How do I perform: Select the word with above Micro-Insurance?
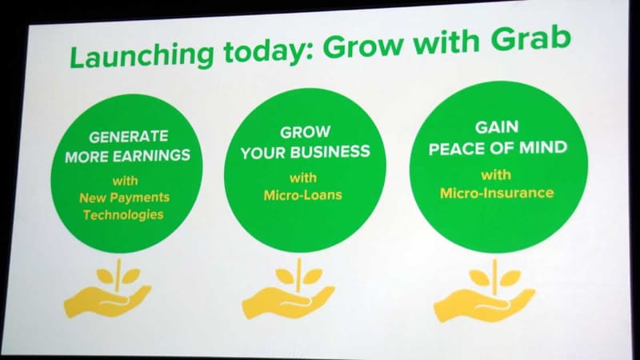(x=497, y=174)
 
